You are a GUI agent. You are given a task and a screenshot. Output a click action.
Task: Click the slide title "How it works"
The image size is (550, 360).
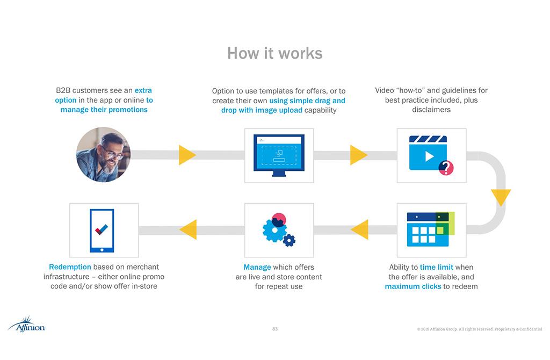pos(274,53)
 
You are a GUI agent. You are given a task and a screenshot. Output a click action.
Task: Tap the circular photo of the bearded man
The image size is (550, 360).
pos(103,155)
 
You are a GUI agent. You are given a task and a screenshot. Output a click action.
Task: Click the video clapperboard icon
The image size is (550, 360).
pos(428,153)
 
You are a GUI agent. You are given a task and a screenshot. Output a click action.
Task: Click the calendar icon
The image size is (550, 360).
pos(428,229)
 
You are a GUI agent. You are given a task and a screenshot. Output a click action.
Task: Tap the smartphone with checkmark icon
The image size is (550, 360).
pos(102,230)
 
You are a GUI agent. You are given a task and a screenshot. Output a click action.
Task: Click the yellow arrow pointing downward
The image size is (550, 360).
pos(501,197)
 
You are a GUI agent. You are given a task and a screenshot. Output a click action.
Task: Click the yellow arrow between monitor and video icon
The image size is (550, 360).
pos(358,155)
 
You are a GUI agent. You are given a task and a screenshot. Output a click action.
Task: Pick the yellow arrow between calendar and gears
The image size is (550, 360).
pos(360,230)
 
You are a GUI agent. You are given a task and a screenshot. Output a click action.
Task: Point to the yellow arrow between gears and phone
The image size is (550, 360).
pos(189,230)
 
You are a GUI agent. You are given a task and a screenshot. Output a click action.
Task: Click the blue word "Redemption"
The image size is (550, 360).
pos(70,267)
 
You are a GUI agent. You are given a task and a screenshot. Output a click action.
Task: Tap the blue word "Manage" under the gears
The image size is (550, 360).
pos(257,267)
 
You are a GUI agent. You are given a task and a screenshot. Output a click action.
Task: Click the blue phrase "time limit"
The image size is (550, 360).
pos(436,267)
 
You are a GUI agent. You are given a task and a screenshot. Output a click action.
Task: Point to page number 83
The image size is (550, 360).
pos(275,329)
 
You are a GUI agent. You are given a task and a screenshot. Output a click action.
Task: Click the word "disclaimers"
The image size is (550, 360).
pos(431,110)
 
